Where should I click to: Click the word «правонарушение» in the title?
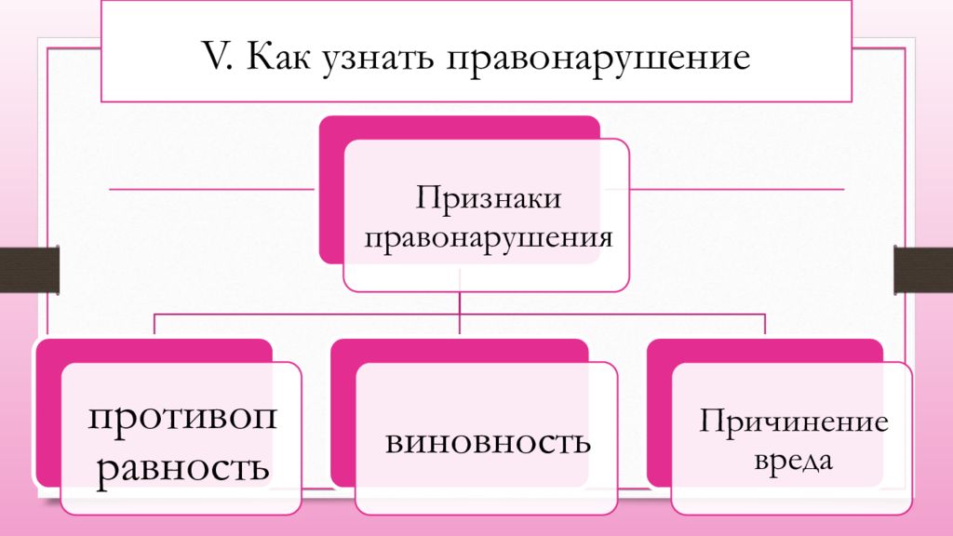599,59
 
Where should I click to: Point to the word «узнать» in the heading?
379,59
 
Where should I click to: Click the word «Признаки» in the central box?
488,200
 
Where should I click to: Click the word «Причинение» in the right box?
794,422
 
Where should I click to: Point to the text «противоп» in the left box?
182,416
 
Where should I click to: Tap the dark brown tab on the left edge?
29,270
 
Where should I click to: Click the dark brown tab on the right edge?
923,270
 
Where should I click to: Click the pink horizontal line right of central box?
735,189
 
